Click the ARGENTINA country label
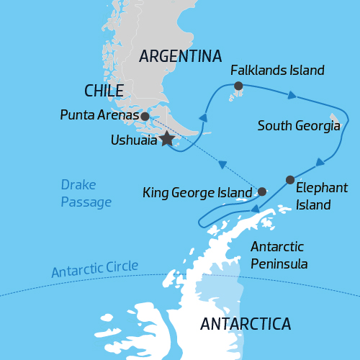coord(181,56)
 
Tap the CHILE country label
coord(104,91)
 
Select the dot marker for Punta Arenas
coord(145,116)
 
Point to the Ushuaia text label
coord(134,141)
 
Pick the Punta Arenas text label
coord(99,115)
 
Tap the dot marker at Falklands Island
coord(238,87)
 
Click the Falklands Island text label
coord(277,71)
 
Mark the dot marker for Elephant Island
coord(289,179)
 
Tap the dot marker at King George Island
coord(262,192)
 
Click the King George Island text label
coord(197,193)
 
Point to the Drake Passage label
coord(86,194)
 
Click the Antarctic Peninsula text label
coord(279,255)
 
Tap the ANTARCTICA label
coord(246,323)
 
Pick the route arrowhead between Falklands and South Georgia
coord(291,94)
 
